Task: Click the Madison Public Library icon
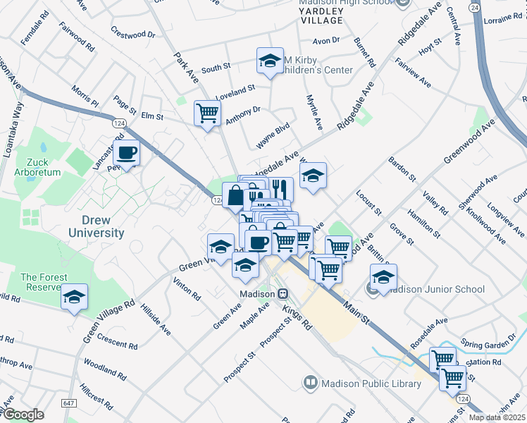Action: coord(309,384)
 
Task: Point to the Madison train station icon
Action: coord(283,294)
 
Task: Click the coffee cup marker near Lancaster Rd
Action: coord(127,152)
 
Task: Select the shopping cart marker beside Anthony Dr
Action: coord(208,112)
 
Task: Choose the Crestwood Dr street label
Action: coord(132,33)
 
